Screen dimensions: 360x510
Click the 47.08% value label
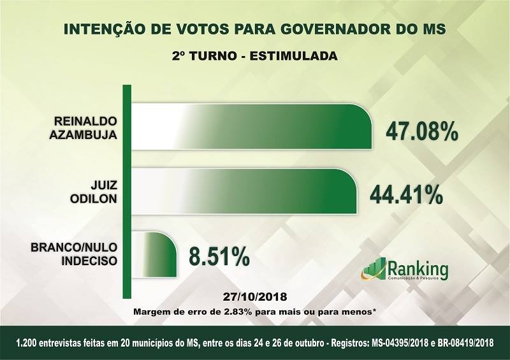[x=421, y=131]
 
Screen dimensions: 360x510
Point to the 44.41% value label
[x=407, y=194]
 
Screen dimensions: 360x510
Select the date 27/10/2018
[x=255, y=298]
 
